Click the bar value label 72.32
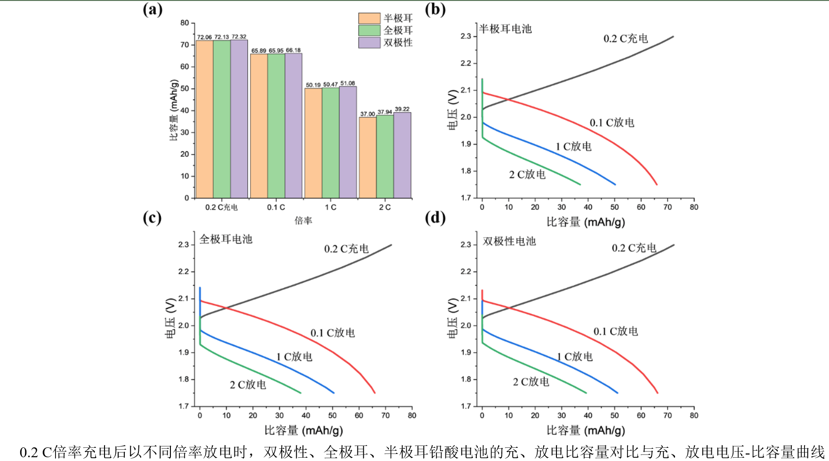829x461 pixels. [x=239, y=37]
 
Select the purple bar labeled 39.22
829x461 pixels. [x=402, y=155]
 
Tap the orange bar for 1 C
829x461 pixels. [x=313, y=143]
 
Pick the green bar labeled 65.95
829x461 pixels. [x=276, y=126]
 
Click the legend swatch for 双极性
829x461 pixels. [x=369, y=43]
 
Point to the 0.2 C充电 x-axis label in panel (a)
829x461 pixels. [x=221, y=207]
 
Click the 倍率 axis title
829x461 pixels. [x=303, y=221]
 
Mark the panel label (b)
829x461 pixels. [x=435, y=9]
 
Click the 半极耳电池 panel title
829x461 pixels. [x=505, y=29]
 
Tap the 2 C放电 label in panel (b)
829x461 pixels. [x=527, y=175]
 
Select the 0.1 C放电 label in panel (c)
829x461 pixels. [x=332, y=333]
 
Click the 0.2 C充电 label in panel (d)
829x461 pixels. [x=634, y=248]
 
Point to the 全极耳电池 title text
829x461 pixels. [x=226, y=239]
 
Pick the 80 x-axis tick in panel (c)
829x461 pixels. [x=412, y=415]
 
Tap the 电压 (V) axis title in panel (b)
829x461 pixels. [x=452, y=110]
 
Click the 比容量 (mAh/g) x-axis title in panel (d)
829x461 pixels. [x=586, y=430]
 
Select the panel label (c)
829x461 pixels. [x=152, y=218]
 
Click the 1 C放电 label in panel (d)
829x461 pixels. [x=574, y=357]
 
